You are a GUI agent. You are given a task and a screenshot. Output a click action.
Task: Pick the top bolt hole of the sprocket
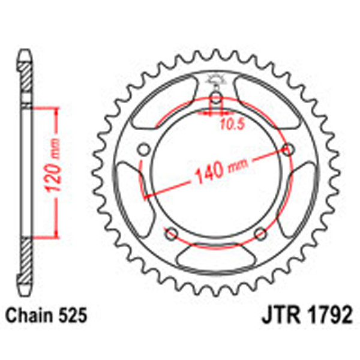tap(216, 98)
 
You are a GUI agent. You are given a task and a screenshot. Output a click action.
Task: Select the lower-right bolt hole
tap(260, 233)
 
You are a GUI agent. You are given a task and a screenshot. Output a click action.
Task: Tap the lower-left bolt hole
tap(172, 233)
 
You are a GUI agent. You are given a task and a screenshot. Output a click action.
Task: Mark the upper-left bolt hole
tap(143, 149)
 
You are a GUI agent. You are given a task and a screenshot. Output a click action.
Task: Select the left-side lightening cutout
tap(128, 191)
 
